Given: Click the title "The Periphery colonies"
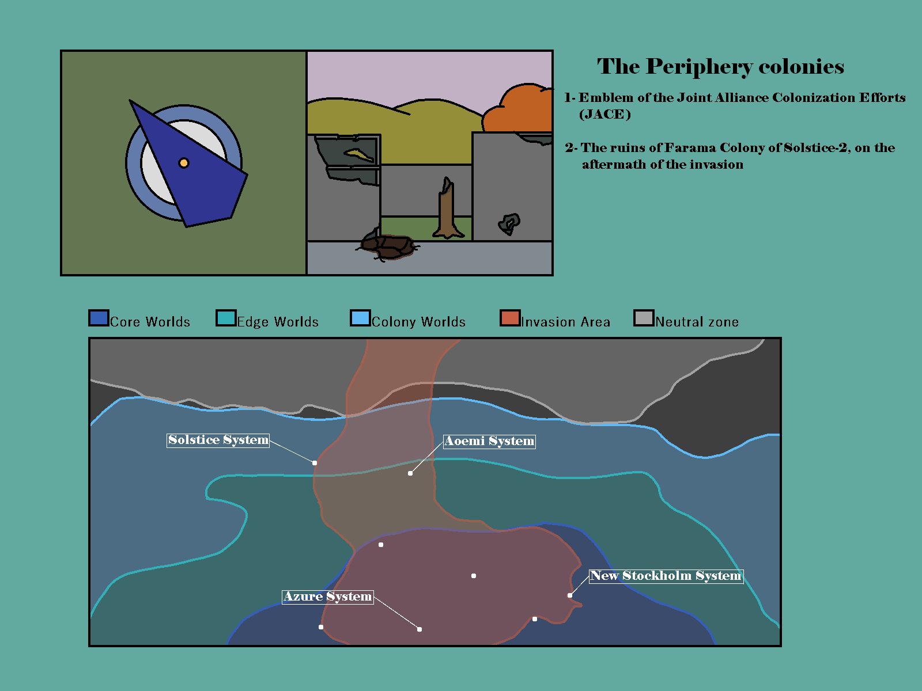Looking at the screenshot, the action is tap(720, 67).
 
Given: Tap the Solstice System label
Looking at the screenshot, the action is tap(218, 440).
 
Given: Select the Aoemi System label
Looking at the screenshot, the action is tap(489, 441).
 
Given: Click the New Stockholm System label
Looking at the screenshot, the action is tap(666, 576).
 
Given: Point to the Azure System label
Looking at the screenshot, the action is tap(328, 597).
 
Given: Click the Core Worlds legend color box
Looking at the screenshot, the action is tap(99, 318).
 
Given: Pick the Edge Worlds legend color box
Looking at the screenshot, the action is tap(226, 318).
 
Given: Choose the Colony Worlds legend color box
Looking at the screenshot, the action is tap(360, 318).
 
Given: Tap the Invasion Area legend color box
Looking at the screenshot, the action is tap(510, 318).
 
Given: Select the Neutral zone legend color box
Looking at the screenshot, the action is tap(644, 318).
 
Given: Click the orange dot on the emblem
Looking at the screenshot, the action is tap(184, 163).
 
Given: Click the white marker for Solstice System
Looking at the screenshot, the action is tap(315, 463).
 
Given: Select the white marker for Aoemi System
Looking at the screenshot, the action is tap(410, 473).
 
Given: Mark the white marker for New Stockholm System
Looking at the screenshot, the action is tap(569, 595).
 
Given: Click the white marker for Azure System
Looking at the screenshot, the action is tap(419, 629).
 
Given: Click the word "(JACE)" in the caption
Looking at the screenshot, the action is tap(605, 115).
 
